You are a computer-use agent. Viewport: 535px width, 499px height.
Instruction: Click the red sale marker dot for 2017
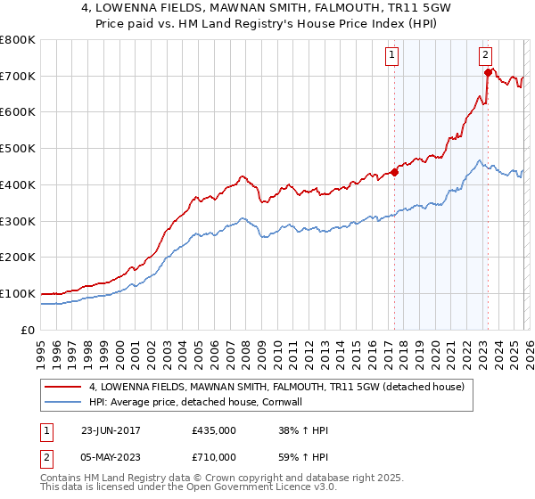click(394, 172)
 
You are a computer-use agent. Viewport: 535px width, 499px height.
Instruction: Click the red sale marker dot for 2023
click(487, 72)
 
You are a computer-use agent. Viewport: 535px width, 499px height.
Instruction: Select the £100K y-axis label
click(18, 293)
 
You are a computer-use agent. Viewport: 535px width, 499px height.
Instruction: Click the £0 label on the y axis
click(29, 330)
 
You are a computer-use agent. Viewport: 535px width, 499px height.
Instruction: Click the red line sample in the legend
click(63, 388)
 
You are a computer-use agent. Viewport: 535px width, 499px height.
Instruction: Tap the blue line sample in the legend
click(63, 402)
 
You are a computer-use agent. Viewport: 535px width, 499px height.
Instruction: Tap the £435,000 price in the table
click(214, 429)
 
